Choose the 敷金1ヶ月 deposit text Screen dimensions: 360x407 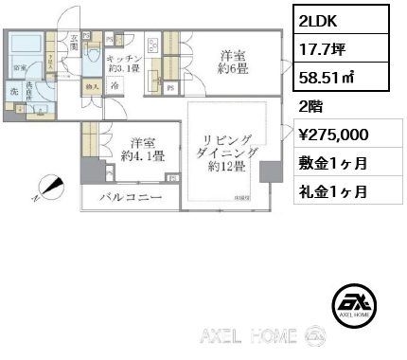(333, 162)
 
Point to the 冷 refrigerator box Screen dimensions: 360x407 (115, 83)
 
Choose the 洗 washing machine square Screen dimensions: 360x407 (15, 91)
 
